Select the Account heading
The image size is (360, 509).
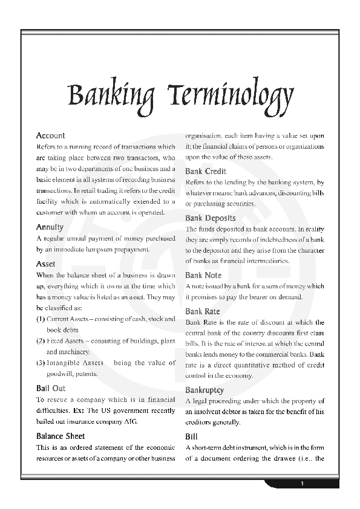[50, 136]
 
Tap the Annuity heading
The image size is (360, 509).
[50, 227]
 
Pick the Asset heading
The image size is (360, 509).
[45, 264]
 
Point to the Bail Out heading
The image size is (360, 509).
[51, 389]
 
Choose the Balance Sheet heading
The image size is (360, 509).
[61, 436]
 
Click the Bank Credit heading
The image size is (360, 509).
[206, 172]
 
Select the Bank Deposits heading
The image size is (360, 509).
[210, 218]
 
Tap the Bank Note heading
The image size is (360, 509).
[203, 276]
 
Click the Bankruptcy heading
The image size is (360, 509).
[205, 391]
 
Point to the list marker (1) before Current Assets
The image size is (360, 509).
[41, 319]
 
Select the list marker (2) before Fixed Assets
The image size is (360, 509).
[41, 340]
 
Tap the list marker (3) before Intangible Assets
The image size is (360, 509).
[41, 363]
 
